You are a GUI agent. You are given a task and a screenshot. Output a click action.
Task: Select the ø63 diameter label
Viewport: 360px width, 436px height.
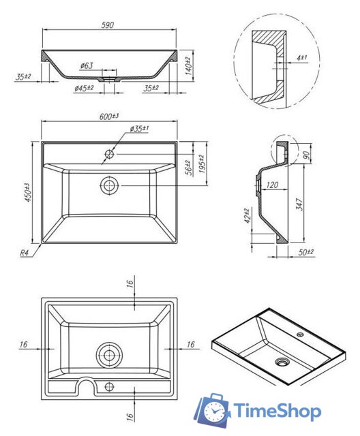(87, 65)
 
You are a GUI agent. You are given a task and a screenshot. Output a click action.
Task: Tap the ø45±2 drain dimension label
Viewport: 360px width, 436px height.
(85, 89)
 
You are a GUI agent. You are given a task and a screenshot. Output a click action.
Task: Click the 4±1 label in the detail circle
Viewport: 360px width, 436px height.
(302, 59)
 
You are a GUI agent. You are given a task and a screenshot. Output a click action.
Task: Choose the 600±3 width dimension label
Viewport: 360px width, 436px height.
(109, 117)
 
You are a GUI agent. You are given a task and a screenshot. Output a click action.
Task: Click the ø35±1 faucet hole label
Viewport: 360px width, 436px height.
(140, 129)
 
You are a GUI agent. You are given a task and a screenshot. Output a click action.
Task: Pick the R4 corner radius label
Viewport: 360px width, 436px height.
(25, 253)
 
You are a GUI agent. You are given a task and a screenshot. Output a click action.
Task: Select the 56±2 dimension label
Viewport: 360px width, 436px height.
(188, 167)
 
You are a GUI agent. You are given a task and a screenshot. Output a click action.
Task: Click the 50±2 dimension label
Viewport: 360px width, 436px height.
(306, 253)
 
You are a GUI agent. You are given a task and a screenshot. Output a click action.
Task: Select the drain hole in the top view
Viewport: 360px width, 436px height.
(109, 184)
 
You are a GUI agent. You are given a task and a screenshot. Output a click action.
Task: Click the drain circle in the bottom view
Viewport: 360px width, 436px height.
(108, 355)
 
